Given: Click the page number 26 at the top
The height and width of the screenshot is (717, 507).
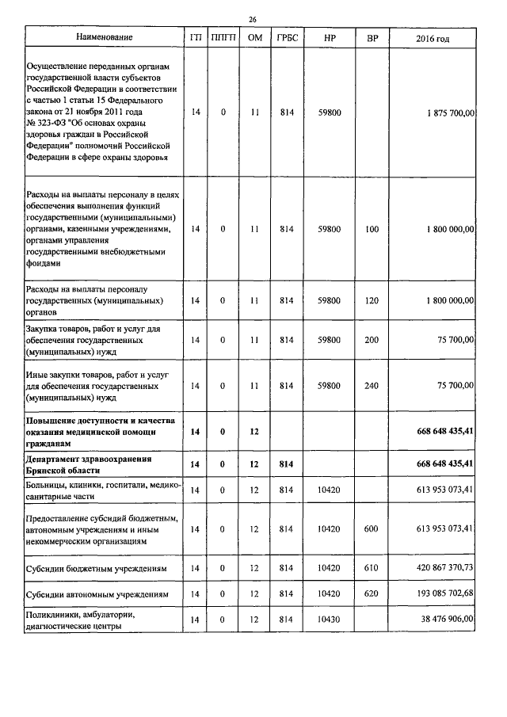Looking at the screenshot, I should pyautogui.click(x=253, y=19).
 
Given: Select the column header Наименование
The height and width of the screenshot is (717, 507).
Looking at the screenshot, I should pyautogui.click(x=105, y=37).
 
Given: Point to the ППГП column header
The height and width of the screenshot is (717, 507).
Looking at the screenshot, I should pyautogui.click(x=223, y=38).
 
